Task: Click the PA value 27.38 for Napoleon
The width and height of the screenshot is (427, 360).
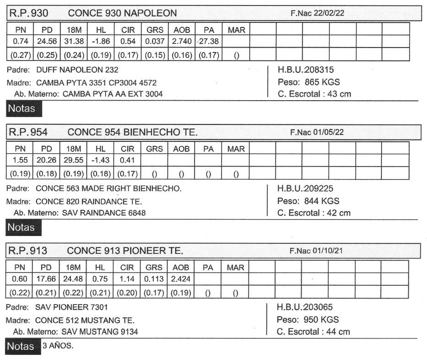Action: (x=209, y=42)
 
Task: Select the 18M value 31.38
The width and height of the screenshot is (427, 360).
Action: (x=74, y=42)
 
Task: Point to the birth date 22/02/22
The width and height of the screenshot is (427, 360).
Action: (x=329, y=14)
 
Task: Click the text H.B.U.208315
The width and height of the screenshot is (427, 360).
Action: (x=306, y=70)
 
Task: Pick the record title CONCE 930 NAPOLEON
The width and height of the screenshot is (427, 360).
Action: (x=122, y=13)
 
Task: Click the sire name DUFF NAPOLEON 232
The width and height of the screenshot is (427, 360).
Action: (x=77, y=70)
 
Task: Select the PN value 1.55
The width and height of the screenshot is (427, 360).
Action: (x=20, y=161)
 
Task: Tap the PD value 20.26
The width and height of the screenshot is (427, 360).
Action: (x=47, y=161)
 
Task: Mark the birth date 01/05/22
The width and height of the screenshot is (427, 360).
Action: (x=329, y=132)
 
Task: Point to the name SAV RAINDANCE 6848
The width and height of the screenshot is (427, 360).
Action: (x=104, y=213)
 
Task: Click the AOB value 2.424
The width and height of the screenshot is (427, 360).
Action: (x=181, y=279)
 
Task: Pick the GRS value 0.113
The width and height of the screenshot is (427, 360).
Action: (x=154, y=279)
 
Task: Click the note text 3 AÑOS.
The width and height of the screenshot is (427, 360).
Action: (x=58, y=346)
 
